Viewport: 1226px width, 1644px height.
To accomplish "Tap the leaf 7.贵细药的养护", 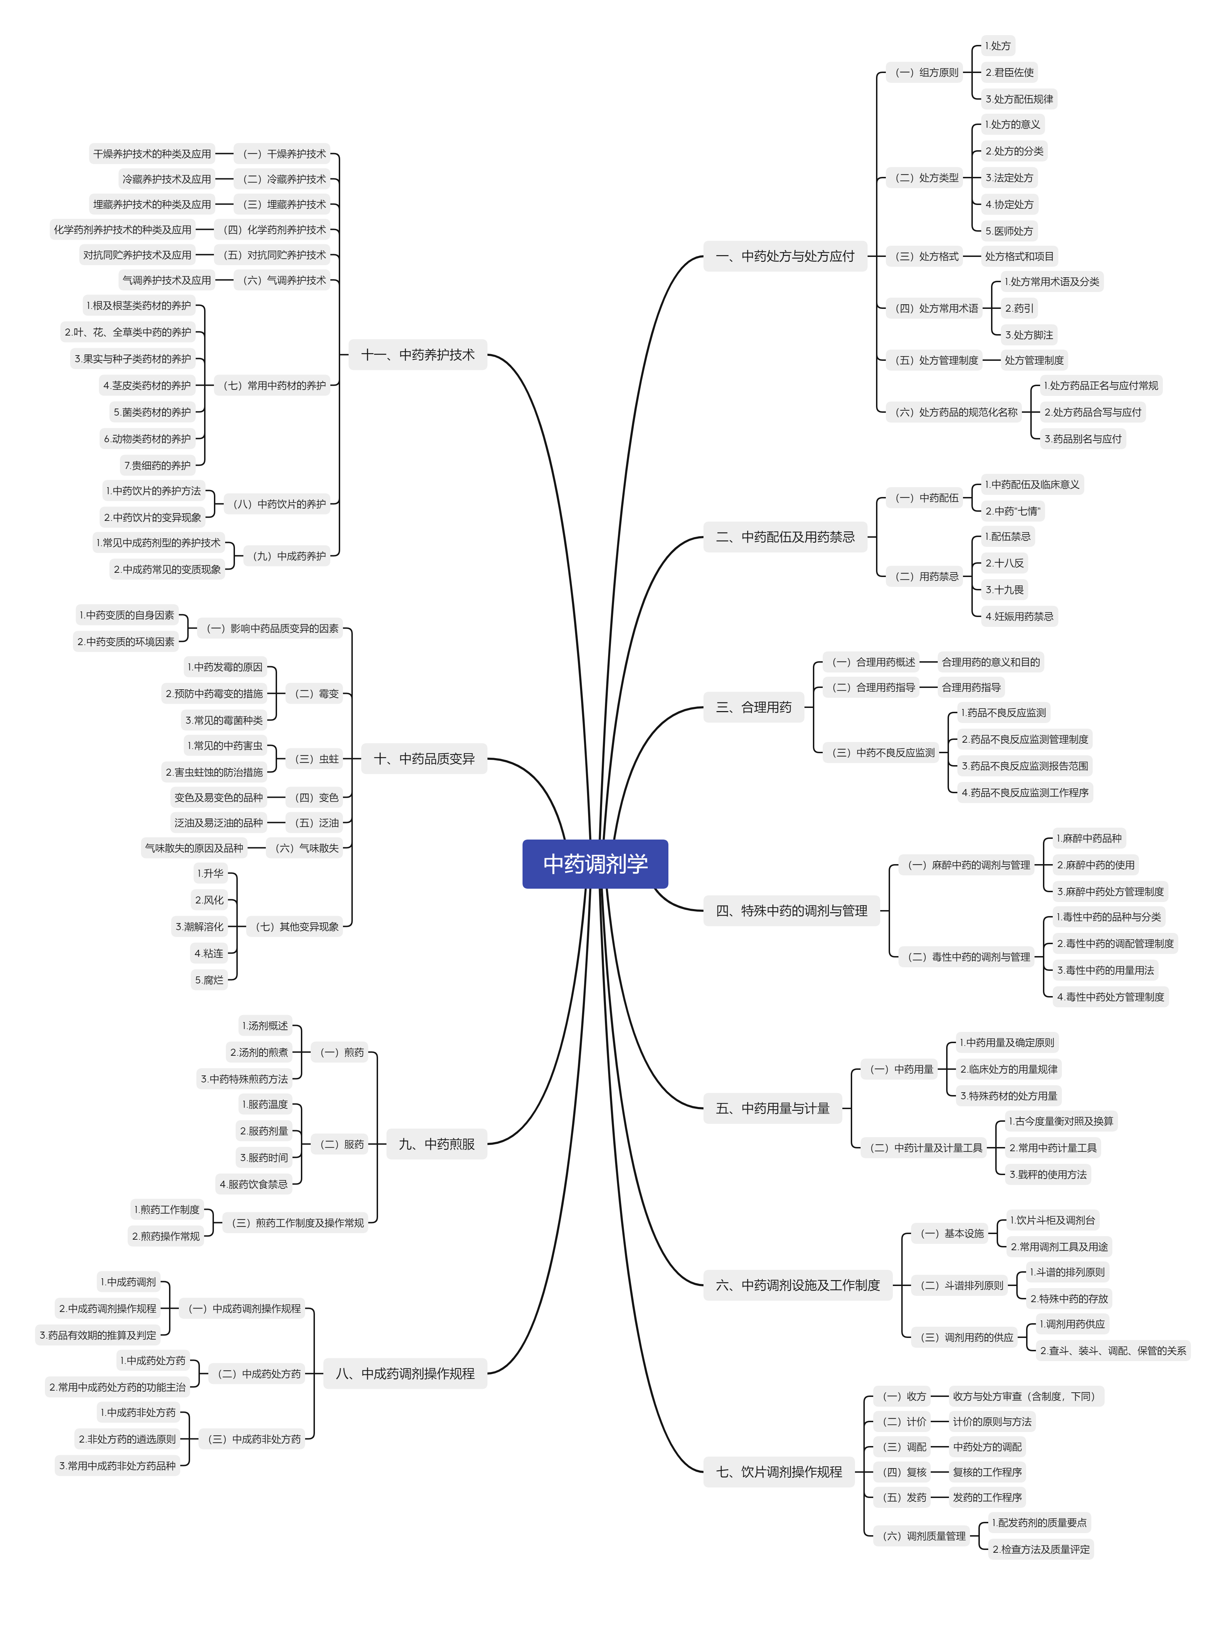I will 157,465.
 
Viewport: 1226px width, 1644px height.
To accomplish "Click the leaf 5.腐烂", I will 209,980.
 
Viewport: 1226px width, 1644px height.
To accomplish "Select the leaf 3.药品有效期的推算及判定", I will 98,1335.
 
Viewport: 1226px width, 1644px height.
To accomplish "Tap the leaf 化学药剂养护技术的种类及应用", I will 122,230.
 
